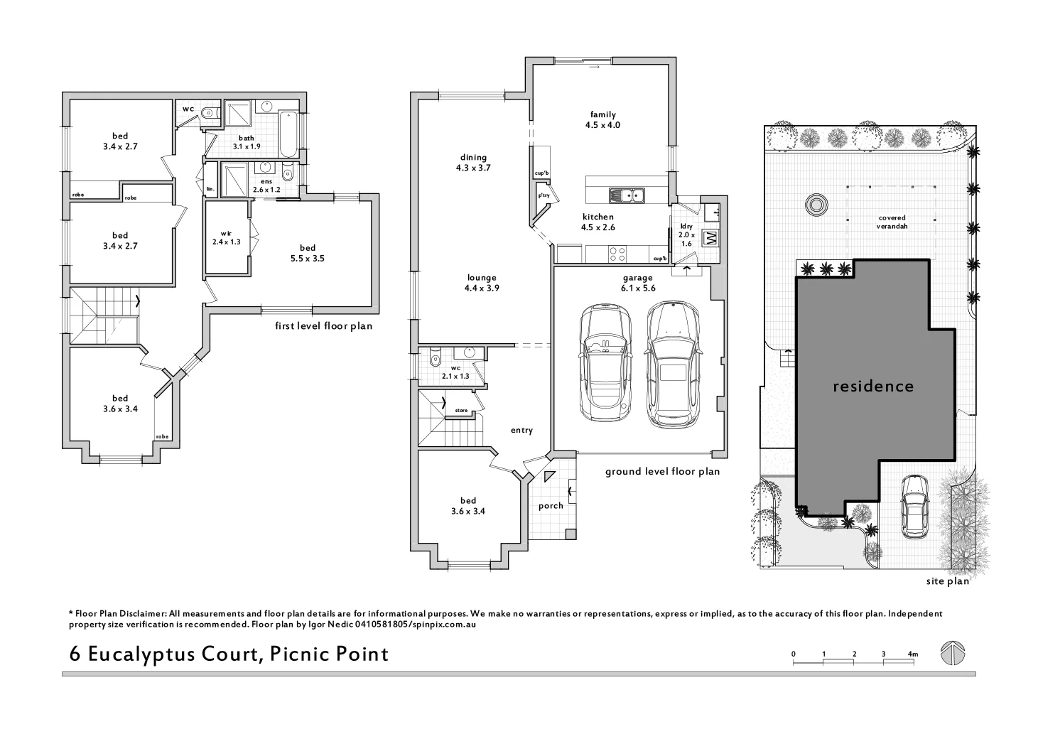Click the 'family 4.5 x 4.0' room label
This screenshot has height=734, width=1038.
pos(602,119)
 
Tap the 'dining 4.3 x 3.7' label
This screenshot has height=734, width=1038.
pos(473,163)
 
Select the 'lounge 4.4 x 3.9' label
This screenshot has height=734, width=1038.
pos(482,283)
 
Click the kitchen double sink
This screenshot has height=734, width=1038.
pos(626,195)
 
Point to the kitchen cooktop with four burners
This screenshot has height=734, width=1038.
pos(617,252)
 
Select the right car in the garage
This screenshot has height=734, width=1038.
pos(671,364)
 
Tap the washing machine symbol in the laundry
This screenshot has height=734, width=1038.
pos(710,238)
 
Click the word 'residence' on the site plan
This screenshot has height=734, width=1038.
pos(872,387)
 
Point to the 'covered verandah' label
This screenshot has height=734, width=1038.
pos(892,222)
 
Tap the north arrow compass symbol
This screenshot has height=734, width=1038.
pos(952,653)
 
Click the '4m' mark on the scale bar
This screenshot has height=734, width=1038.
pos(912,654)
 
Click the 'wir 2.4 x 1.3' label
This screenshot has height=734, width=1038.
pos(226,237)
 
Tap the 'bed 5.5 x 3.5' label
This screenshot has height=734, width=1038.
pos(307,253)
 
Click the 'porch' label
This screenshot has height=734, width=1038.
pos(551,506)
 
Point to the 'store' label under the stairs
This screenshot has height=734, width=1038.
pos(461,410)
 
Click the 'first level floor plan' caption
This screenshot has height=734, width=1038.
pos(323,326)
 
